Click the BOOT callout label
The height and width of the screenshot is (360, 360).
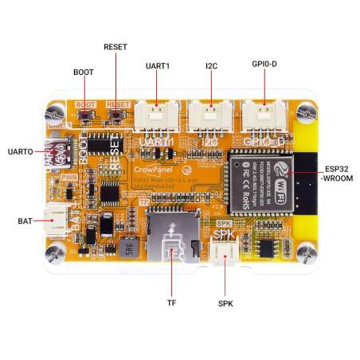84,72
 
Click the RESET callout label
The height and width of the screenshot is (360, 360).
115,47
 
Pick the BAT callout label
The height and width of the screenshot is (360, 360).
23,219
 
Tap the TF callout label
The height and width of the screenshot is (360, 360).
171,303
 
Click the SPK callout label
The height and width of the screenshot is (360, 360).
225,303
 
